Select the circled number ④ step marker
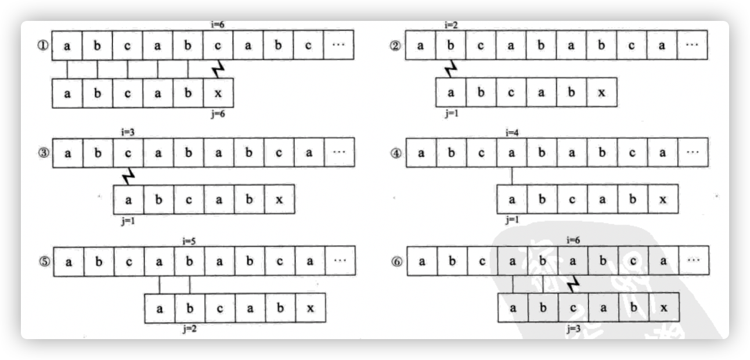(396, 153)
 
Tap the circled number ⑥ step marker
(397, 261)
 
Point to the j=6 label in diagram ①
(218, 114)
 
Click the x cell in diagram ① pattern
(218, 93)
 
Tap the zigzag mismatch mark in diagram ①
(218, 69)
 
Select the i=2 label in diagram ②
(451, 25)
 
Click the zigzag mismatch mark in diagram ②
(450, 69)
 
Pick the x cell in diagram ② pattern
(601, 93)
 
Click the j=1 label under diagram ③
(128, 221)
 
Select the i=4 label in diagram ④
(511, 133)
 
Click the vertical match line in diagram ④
(511, 176)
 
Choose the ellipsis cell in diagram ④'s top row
(692, 153)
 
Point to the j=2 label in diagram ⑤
(189, 329)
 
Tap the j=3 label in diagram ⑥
(573, 329)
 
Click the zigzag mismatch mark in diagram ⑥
(573, 284)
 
